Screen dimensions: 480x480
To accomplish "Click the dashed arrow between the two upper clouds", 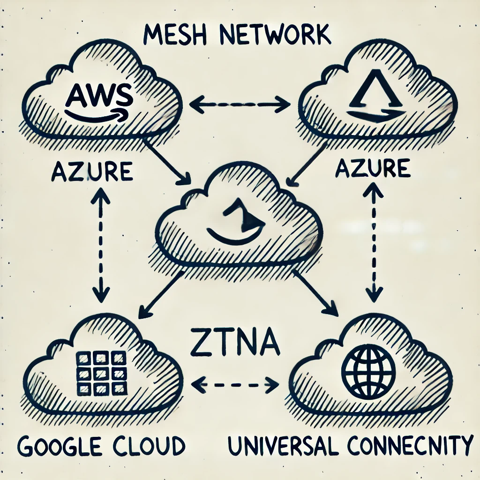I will (x=240, y=104).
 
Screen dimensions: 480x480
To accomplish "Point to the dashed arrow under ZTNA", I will (x=237, y=385).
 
